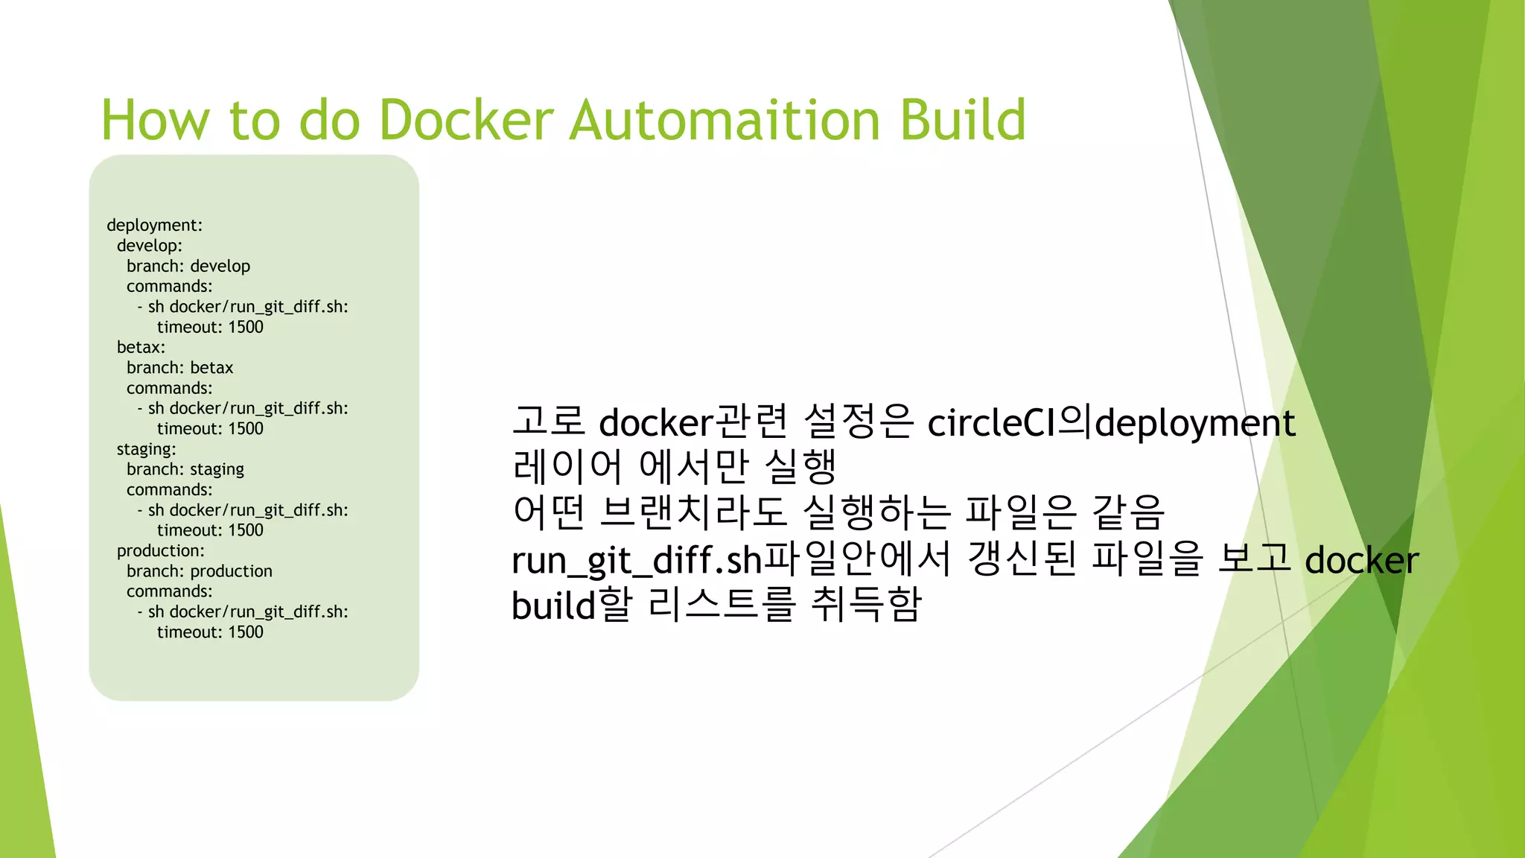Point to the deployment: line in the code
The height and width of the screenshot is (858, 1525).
point(154,225)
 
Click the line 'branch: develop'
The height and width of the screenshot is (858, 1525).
point(188,266)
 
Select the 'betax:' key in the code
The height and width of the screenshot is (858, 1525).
point(141,347)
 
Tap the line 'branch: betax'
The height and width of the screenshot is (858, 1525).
point(179,368)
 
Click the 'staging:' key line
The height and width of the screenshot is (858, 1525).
point(146,449)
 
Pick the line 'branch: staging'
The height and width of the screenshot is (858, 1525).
point(185,469)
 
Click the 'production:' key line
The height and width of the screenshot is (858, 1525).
point(160,550)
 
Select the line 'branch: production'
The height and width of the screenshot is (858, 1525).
point(200,571)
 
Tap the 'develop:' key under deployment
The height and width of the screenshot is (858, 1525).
point(149,246)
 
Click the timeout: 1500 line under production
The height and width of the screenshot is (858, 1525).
point(210,632)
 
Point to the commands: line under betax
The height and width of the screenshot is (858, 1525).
point(169,388)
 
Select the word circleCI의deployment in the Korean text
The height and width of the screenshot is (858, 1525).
point(1111,423)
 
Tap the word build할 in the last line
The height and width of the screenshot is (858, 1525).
point(571,605)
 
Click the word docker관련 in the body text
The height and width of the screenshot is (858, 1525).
point(693,423)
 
